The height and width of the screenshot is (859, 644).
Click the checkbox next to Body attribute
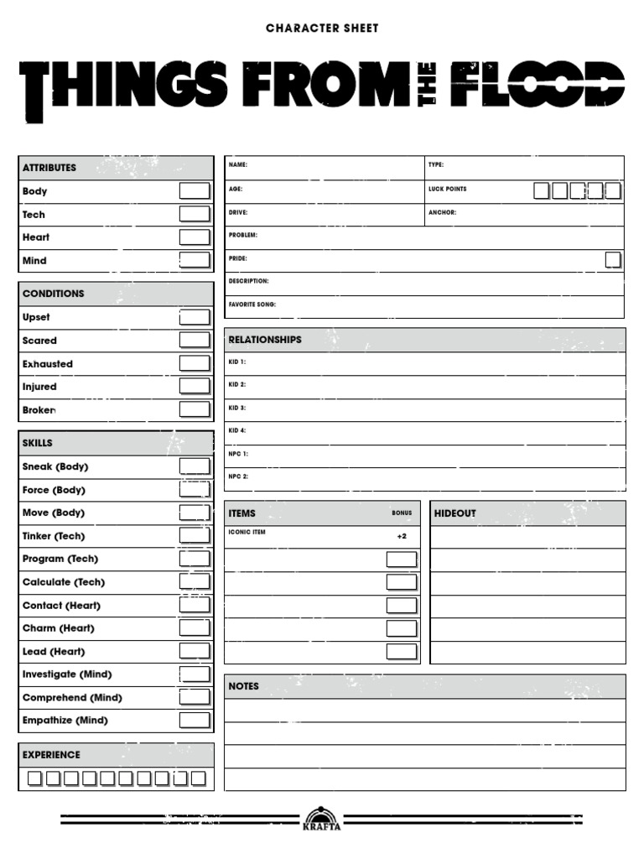click(194, 191)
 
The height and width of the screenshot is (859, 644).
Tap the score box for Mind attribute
click(194, 260)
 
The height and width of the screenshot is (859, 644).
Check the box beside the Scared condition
click(194, 340)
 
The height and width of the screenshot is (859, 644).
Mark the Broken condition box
click(194, 409)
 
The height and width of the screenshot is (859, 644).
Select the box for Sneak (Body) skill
click(194, 466)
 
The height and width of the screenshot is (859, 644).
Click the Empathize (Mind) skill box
click(194, 720)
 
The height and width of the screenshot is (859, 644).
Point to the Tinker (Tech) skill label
click(54, 536)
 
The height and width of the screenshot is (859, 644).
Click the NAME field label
click(238, 165)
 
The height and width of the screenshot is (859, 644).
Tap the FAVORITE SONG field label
click(252, 305)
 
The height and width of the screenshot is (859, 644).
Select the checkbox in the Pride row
click(613, 259)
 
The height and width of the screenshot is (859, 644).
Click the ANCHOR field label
click(442, 212)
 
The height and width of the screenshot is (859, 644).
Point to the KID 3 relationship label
click(237, 408)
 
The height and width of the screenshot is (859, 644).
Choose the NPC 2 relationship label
click(238, 476)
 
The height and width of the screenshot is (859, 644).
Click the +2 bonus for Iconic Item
click(402, 536)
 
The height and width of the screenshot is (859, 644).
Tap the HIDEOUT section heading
click(455, 513)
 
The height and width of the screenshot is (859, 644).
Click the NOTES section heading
click(244, 686)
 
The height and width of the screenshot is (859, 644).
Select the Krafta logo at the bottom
click(322, 818)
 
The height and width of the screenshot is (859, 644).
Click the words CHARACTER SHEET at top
click(322, 29)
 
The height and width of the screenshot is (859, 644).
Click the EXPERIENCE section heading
click(51, 755)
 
